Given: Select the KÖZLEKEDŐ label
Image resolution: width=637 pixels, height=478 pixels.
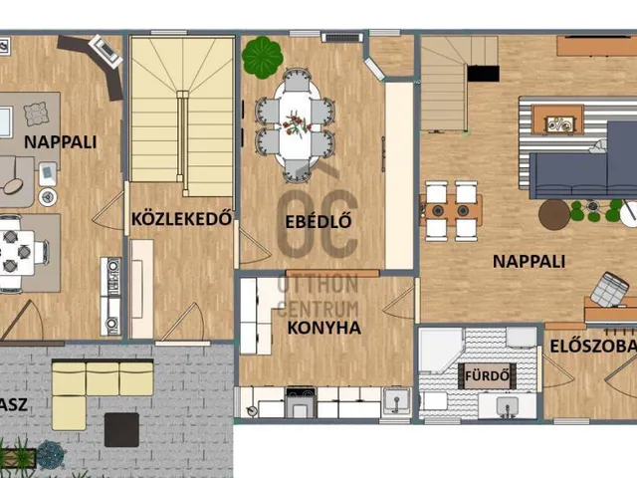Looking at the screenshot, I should click(x=182, y=218).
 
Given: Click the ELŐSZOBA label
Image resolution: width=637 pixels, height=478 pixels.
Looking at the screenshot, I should click(x=592, y=347).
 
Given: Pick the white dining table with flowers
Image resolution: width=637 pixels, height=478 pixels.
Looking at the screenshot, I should click(x=296, y=124).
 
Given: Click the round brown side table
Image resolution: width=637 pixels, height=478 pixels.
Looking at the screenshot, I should click(x=553, y=214).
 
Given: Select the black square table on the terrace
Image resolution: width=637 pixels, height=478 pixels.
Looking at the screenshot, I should click(x=121, y=429).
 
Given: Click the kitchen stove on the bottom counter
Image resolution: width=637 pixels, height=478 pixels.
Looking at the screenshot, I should click(x=300, y=402).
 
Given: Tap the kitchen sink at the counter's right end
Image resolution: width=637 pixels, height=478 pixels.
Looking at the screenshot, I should click(x=395, y=401).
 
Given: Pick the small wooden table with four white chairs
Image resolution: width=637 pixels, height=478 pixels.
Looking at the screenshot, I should click(x=452, y=210).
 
